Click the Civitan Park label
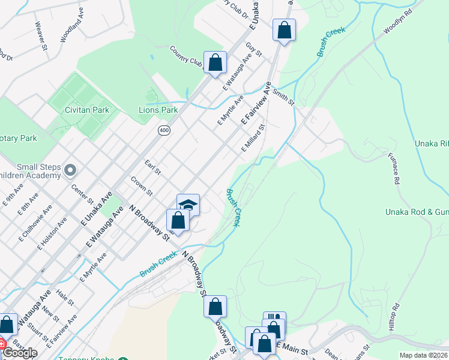point(88,110)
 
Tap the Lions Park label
point(158,110)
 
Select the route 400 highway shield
point(163,130)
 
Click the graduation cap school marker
point(188,205)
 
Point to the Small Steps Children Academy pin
point(71,171)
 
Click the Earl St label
point(153,167)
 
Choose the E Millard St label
point(253,139)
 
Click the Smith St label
point(283,96)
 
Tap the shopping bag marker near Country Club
point(214,62)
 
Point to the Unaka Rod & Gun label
point(417,212)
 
